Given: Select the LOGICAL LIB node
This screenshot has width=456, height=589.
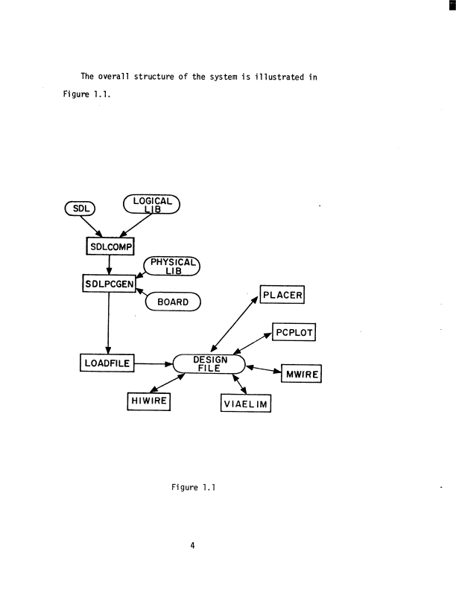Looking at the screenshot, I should click(x=151, y=203).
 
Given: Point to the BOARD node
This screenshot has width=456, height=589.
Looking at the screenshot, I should click(x=173, y=302).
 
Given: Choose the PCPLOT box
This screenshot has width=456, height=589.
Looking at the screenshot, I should click(x=295, y=331).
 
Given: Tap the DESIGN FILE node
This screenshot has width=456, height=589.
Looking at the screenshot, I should click(x=209, y=363).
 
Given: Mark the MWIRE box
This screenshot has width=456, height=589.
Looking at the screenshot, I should click(x=300, y=373).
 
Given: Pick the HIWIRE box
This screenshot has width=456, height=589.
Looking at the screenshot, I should click(x=149, y=402).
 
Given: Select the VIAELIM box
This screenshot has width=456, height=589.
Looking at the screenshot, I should click(x=245, y=404).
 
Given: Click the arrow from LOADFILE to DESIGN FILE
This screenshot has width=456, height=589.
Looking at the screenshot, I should click(x=152, y=364).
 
